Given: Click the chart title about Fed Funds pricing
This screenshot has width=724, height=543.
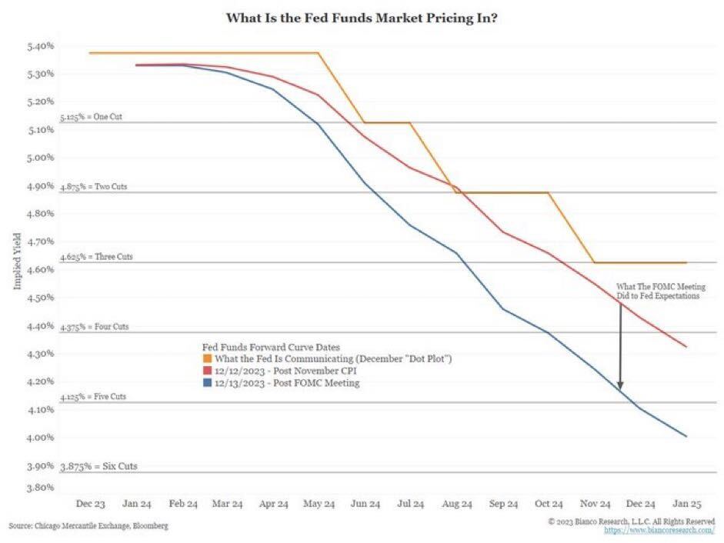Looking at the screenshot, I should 361,16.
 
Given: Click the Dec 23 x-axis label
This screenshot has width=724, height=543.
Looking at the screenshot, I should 89,504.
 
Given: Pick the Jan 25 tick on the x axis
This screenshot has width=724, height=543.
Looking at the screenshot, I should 687,504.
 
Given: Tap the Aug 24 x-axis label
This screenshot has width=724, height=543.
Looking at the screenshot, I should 457,504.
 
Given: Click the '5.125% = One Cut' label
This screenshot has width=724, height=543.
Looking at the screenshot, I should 91,118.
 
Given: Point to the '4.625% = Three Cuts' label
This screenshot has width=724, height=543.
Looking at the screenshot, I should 95,257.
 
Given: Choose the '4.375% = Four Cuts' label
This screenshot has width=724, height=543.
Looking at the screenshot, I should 94,327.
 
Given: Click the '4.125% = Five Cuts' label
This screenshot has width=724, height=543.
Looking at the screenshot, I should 93,397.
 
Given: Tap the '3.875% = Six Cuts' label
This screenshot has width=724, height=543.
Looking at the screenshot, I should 98,467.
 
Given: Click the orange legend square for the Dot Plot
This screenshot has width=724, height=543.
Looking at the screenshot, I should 207,359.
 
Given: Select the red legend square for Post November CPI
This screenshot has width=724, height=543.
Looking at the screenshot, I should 207,371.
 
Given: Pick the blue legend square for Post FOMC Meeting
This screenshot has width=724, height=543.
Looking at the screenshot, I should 207,382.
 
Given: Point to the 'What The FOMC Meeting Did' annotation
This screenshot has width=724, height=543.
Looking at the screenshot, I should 658,291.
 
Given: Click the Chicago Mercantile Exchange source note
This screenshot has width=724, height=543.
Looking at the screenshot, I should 88,526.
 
